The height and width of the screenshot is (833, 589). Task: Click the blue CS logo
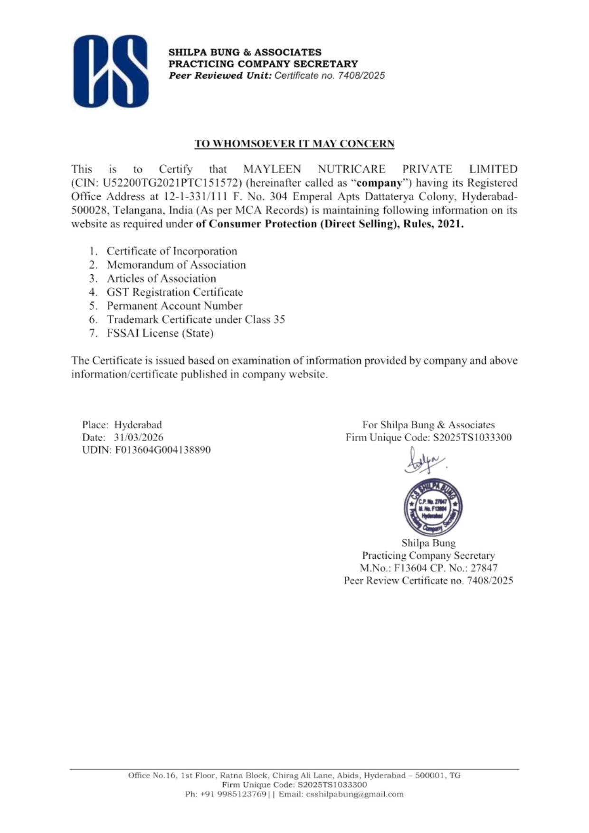pyautogui.click(x=111, y=71)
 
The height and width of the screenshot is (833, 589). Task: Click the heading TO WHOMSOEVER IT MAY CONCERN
pyautogui.click(x=294, y=144)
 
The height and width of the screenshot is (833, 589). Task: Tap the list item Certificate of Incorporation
pyautogui.click(x=171, y=251)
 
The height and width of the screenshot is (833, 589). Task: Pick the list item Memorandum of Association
pyautogui.click(x=176, y=265)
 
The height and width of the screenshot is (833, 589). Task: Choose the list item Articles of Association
pyautogui.click(x=161, y=278)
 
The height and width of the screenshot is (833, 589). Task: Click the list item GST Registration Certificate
pyautogui.click(x=174, y=292)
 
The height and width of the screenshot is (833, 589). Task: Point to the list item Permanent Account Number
pyautogui.click(x=174, y=306)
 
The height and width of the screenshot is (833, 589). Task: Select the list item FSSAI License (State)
pyautogui.click(x=160, y=333)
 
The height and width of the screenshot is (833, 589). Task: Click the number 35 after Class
pyautogui.click(x=279, y=319)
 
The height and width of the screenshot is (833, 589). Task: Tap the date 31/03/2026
pyautogui.click(x=138, y=437)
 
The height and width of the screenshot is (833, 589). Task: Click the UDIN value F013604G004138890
pyautogui.click(x=162, y=450)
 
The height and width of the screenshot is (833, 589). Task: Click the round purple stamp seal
pyautogui.click(x=432, y=507)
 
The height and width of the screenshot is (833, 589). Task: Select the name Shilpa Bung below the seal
pyautogui.click(x=428, y=543)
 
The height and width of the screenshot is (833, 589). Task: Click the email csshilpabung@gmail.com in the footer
pyautogui.click(x=355, y=794)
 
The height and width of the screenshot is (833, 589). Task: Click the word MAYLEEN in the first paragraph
pyautogui.click(x=272, y=169)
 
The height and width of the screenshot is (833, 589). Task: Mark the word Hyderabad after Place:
pyautogui.click(x=138, y=425)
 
